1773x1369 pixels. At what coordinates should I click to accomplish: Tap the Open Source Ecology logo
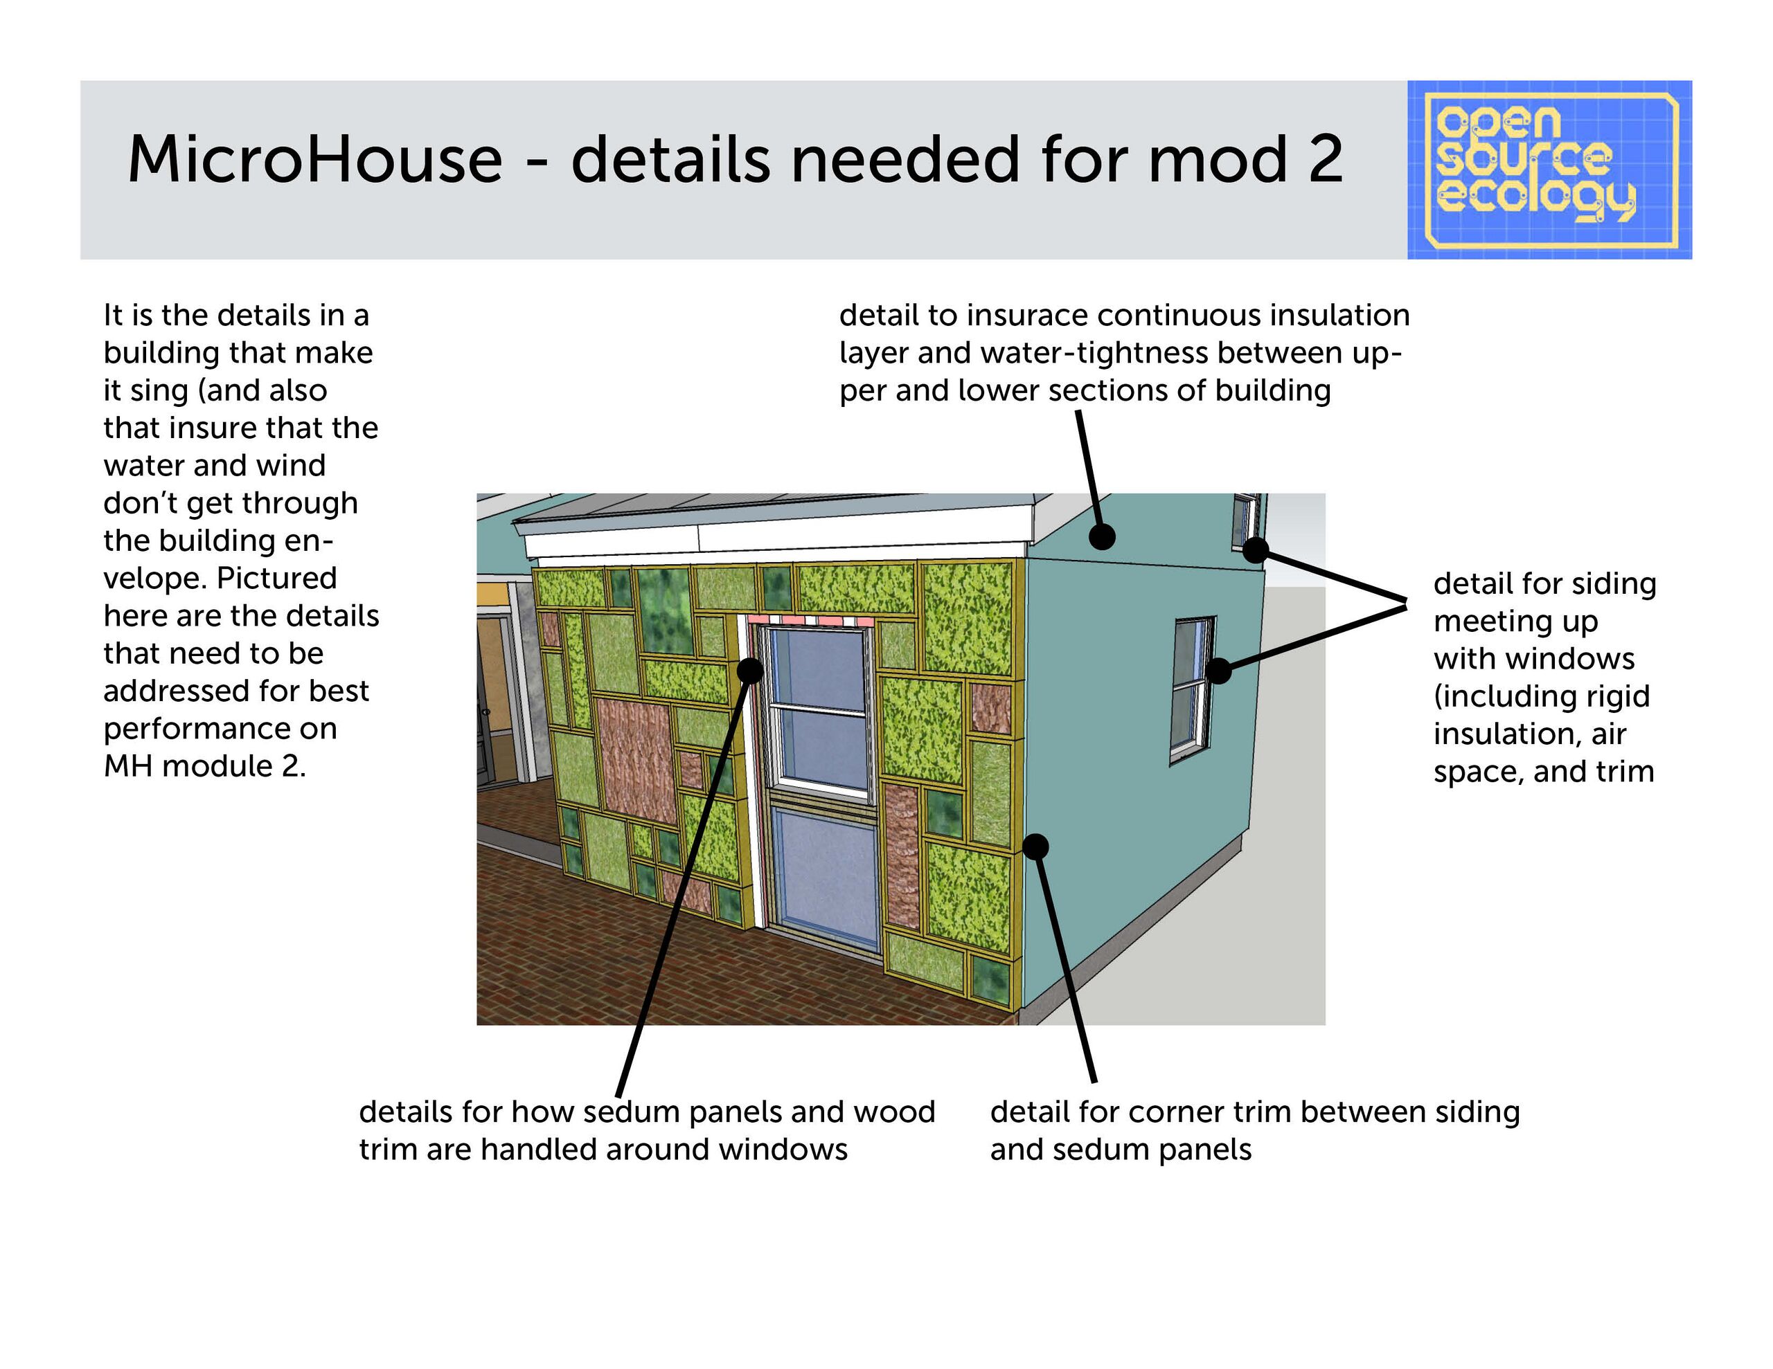point(1549,170)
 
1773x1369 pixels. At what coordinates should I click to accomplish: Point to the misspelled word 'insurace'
point(1027,315)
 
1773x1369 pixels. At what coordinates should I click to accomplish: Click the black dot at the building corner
point(1035,846)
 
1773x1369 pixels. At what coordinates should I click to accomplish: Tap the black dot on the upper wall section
point(1102,536)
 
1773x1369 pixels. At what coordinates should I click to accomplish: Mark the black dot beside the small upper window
point(1255,550)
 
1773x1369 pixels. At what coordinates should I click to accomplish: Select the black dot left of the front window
point(750,670)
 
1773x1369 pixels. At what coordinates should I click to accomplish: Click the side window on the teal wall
point(1192,690)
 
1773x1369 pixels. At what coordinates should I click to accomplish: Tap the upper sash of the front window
point(819,668)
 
